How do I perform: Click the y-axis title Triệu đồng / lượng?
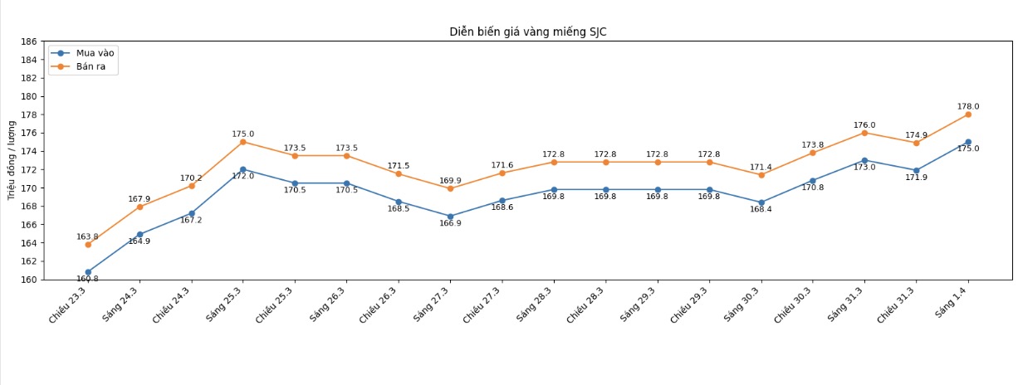(11, 160)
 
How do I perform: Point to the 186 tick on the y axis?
(29, 41)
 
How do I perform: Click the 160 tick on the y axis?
(29, 280)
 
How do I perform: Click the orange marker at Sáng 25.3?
(243, 142)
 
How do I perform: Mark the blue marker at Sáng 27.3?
(450, 217)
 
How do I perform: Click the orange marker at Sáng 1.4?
(968, 115)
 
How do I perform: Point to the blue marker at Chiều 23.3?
(88, 272)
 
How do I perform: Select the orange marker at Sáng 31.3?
(864, 133)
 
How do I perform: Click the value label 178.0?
(968, 106)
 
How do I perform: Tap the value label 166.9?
(450, 224)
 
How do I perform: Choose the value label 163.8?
(88, 236)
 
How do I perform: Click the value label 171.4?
(761, 167)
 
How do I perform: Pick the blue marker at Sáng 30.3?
(761, 202)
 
